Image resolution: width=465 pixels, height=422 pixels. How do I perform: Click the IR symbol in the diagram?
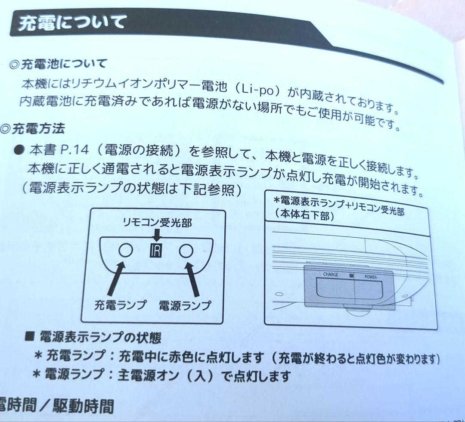[155, 251]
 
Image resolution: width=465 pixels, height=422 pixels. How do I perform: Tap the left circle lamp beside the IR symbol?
[125, 250]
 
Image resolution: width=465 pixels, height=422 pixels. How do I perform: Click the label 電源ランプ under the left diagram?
[185, 305]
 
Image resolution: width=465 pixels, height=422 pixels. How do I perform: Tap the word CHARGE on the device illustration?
[330, 274]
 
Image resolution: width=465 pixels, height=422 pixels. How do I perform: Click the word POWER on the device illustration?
[370, 276]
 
